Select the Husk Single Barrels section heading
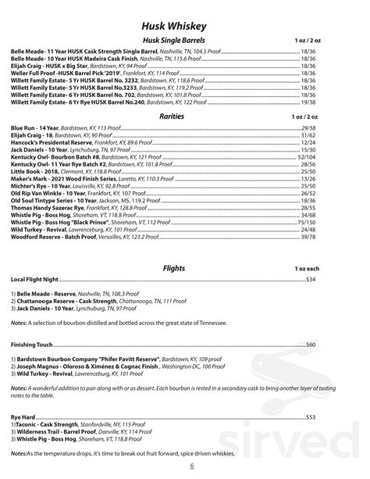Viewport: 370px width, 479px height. click(x=185, y=40)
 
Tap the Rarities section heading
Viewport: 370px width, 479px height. click(x=185, y=116)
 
